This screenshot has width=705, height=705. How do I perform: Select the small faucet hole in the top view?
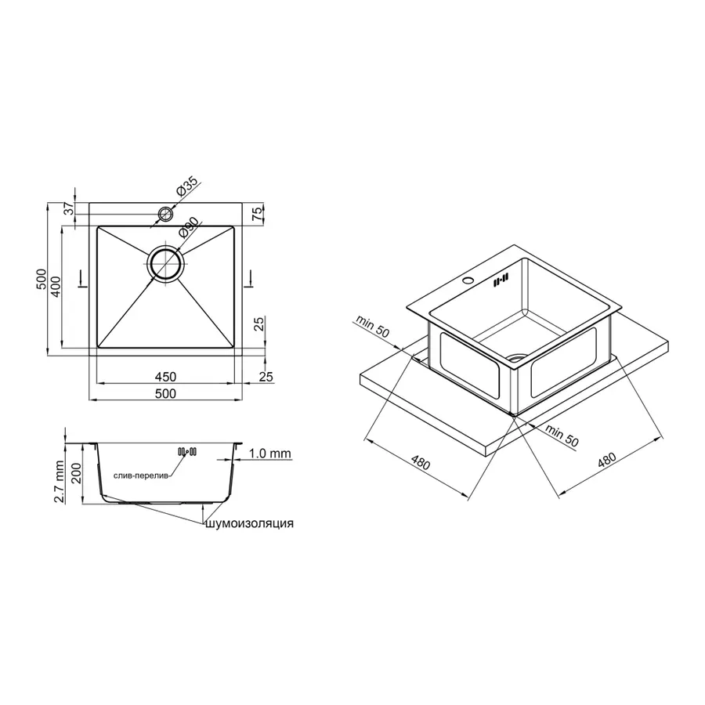point(165,213)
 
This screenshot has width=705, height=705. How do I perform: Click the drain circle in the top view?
point(165,264)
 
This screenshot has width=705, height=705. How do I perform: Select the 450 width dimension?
point(165,376)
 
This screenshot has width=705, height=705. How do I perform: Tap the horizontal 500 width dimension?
point(165,393)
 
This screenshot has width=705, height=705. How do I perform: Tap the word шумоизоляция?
point(250,524)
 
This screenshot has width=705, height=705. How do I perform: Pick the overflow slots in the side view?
point(188,452)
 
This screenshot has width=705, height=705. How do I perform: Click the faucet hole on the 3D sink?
point(469,280)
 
